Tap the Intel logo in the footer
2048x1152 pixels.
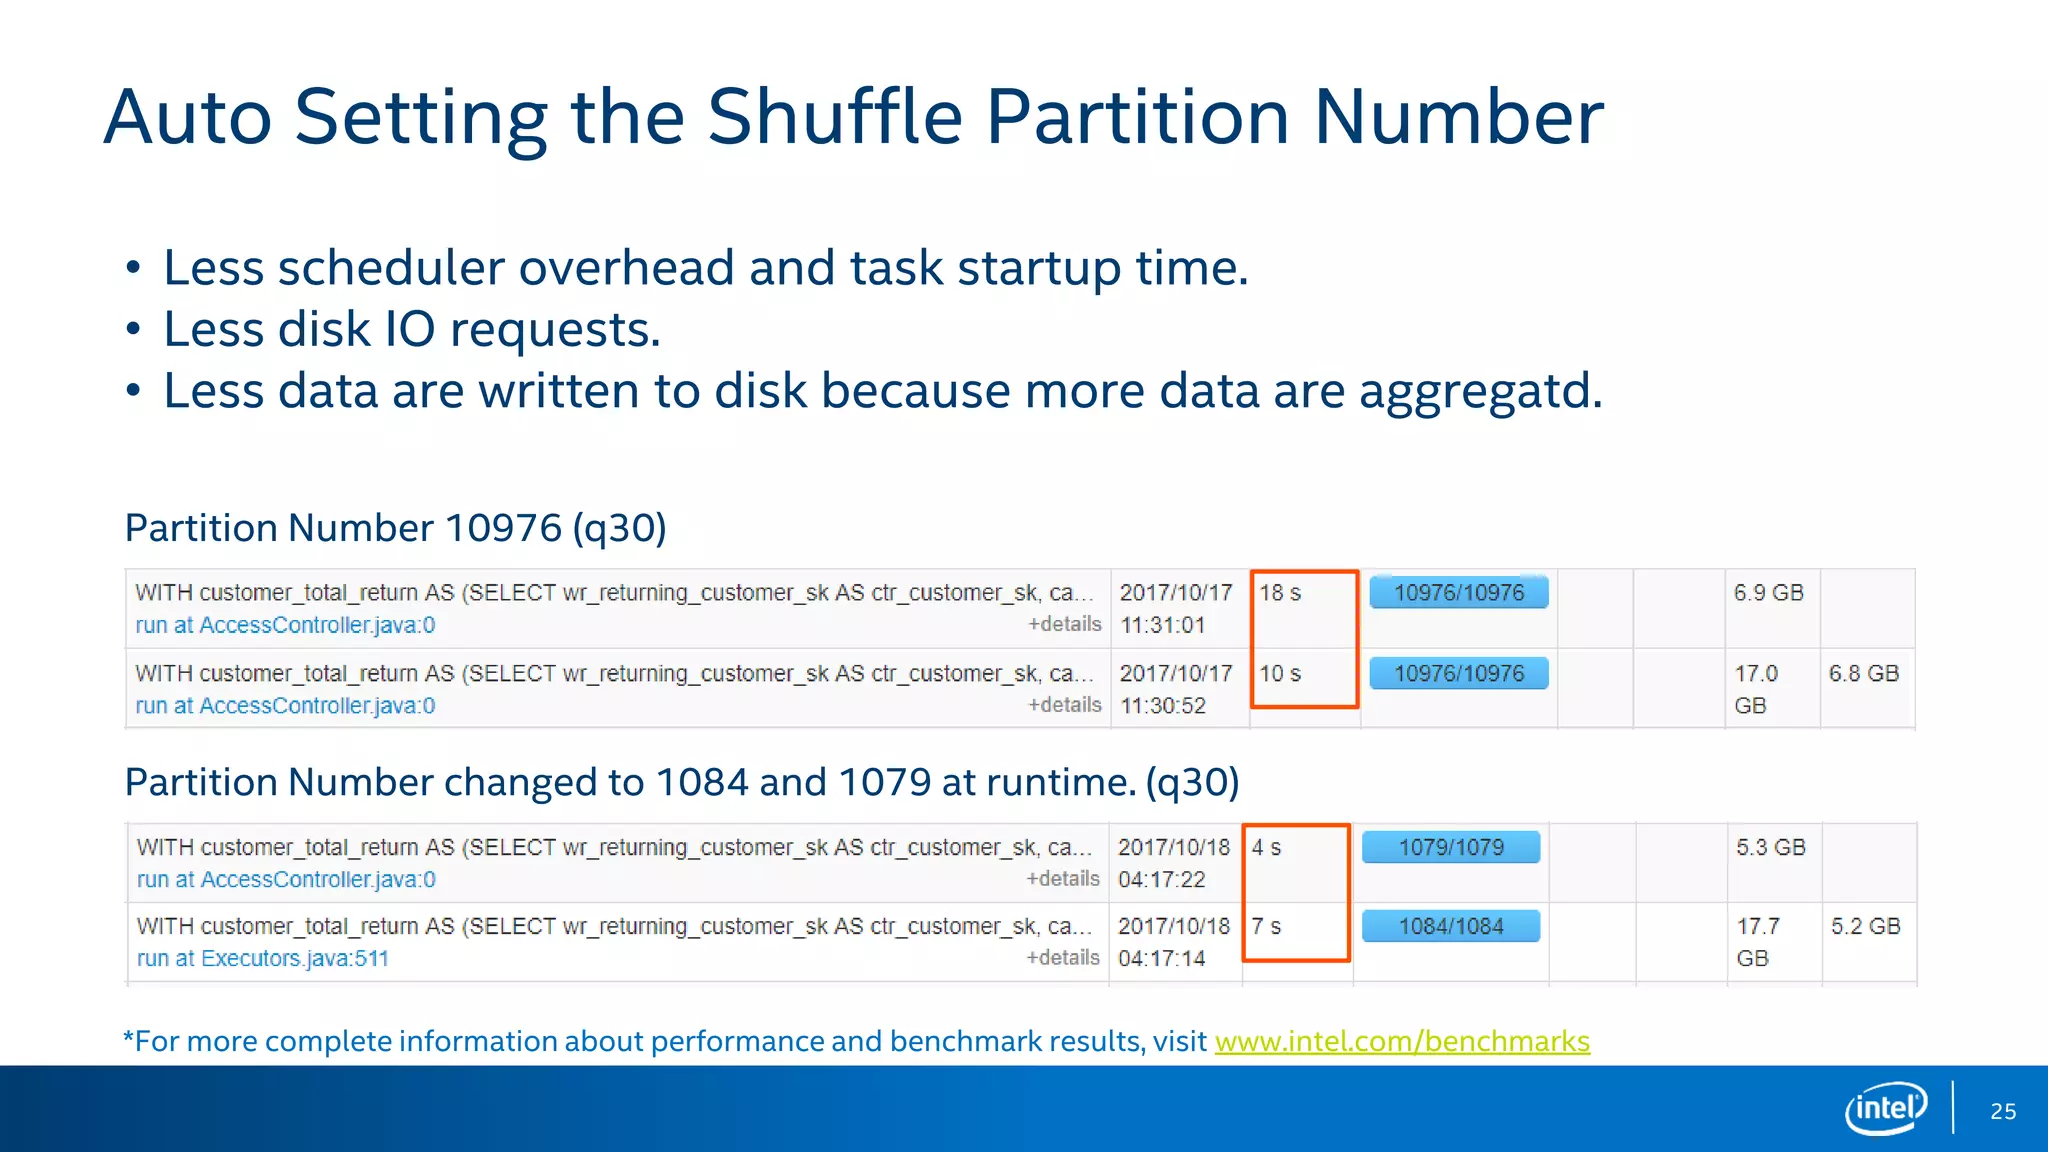pos(1885,1108)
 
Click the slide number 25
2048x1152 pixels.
pos(2002,1111)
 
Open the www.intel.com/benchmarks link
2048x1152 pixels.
pos(1401,1041)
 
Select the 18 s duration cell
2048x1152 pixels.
pos(1279,593)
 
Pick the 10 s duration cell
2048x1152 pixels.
pos(1279,674)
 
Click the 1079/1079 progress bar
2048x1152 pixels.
pos(1450,848)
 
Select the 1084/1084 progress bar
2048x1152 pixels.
pos(1450,927)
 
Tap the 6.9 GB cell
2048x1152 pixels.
pos(1768,593)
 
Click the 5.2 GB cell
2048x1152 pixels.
pos(1865,927)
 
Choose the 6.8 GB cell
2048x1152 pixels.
pos(1863,674)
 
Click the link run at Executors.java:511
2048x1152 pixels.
pos(262,959)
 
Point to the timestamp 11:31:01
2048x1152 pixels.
pos(1162,626)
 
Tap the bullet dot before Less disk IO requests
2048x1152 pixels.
pos(133,330)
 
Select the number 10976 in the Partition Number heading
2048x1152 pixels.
pos(502,528)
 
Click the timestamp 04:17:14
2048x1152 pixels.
pos(1161,959)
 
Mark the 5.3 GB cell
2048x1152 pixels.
pos(1770,848)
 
